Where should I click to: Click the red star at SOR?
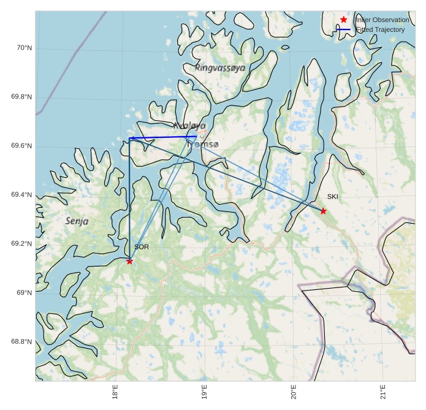129,261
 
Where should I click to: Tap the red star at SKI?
323,211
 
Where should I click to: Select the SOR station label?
142,247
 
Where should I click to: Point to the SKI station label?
332,197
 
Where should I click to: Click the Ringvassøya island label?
220,67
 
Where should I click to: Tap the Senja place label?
77,221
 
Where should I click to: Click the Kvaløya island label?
189,126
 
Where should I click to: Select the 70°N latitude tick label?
24,48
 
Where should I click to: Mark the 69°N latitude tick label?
24,293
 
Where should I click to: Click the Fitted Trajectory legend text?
380,29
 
